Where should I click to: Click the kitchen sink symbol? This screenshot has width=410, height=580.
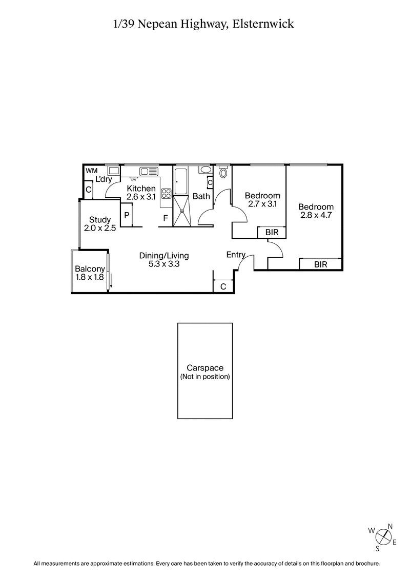149,172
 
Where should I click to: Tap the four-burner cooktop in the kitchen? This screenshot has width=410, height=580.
167,194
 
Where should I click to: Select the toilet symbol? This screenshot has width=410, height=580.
223,173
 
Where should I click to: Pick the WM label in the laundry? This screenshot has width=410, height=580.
92,171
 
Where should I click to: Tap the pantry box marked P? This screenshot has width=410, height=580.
126,214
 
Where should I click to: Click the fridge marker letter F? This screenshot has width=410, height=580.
165,219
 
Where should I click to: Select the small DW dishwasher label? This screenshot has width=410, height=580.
134,180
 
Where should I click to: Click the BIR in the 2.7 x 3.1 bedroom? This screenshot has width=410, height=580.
272,233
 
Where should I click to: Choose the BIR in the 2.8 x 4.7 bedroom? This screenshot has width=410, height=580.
320,264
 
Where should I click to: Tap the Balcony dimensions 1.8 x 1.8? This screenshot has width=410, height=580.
90,278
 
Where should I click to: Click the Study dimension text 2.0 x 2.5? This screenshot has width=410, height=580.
100,229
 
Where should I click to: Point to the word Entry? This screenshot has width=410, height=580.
236,255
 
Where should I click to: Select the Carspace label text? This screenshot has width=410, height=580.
204,368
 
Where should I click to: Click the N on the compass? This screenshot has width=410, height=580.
390,526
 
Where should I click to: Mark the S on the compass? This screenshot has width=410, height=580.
378,548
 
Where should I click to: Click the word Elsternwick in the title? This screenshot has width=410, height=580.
264,24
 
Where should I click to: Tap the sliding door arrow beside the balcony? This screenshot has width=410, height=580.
111,281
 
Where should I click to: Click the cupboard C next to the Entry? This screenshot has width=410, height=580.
223,287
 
